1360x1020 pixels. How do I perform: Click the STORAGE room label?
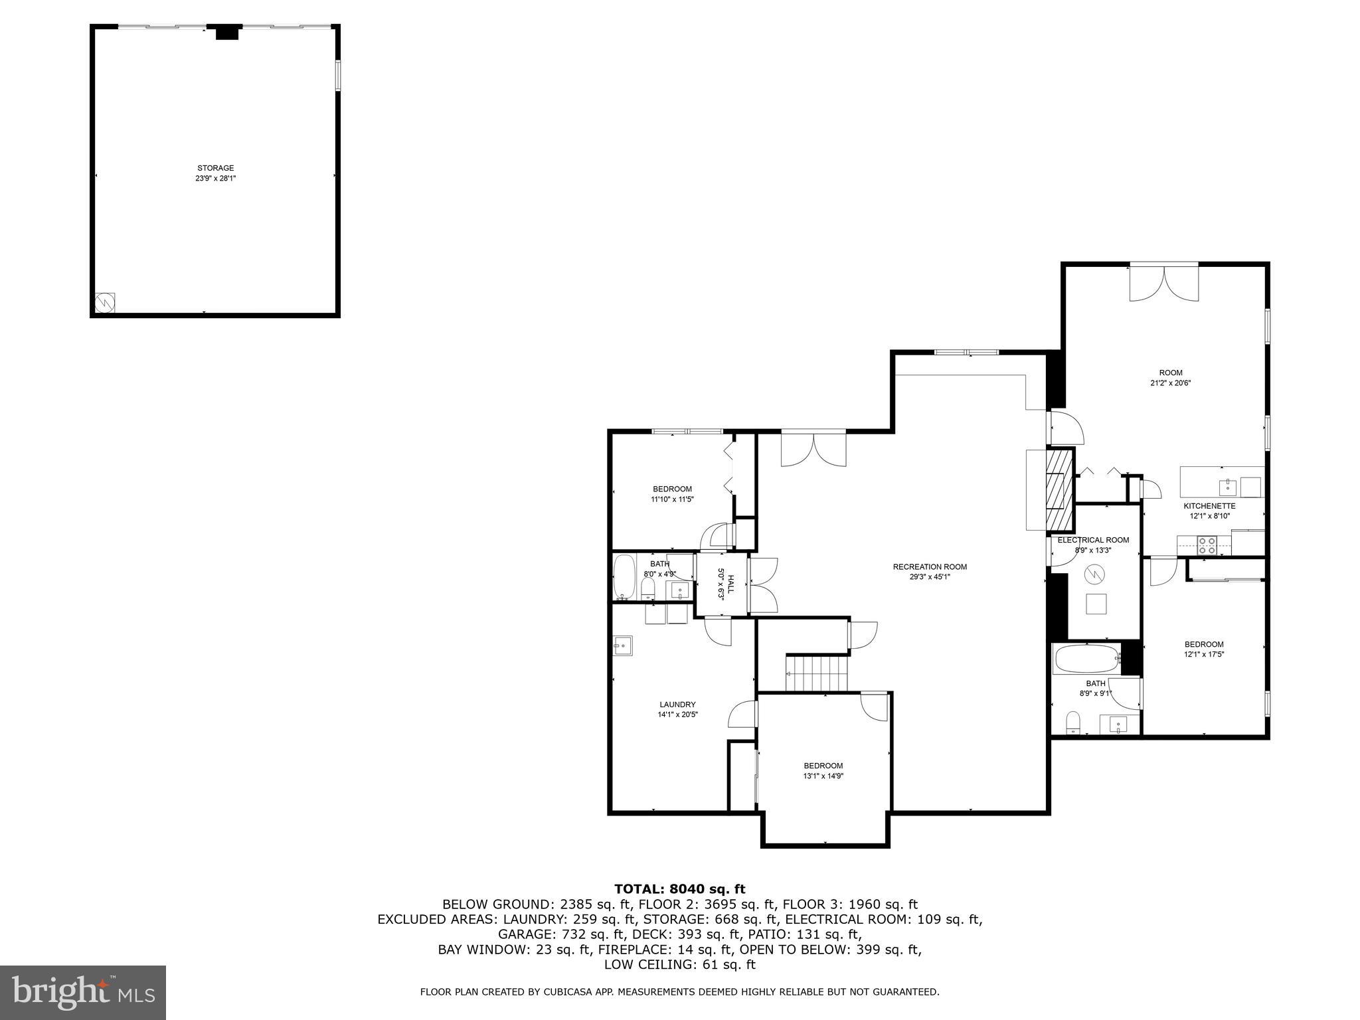tap(215, 168)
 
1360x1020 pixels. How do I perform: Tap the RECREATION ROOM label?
tap(930, 566)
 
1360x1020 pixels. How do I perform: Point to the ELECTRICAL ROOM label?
tap(1093, 540)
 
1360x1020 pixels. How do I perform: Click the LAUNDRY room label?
tap(677, 705)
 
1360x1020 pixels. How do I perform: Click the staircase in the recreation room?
tap(817, 673)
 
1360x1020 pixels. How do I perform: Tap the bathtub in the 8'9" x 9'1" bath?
tap(1086, 659)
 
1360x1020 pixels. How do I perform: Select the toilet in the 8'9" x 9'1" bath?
tap(1072, 722)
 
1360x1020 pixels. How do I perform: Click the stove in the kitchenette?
tap(1207, 545)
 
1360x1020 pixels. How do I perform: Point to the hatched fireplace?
tap(1060, 488)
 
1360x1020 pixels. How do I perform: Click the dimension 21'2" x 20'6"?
tap(1171, 383)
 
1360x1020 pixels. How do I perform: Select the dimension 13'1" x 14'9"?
tap(823, 776)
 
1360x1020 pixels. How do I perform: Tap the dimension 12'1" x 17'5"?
tap(1204, 654)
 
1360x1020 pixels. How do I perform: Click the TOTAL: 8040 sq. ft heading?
tap(679, 889)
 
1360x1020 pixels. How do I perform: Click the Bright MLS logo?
tap(83, 992)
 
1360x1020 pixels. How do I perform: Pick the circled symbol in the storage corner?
tap(105, 303)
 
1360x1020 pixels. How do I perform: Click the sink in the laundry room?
tap(623, 645)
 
